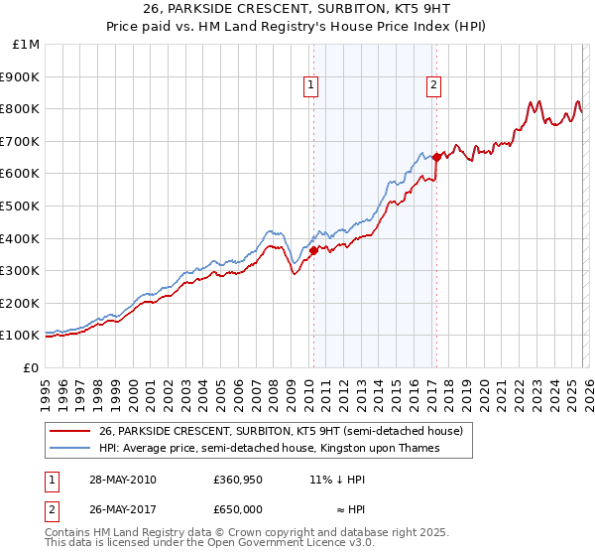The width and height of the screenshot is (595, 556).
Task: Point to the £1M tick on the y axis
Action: coord(27,45)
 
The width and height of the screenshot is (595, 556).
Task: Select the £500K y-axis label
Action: coord(21,206)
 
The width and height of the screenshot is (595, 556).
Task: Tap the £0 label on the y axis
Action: coord(31,367)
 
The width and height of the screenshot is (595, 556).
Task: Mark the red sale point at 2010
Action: coord(314,251)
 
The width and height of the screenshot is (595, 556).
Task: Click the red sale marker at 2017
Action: coord(436,157)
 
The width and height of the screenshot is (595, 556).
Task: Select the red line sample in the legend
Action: coord(70,432)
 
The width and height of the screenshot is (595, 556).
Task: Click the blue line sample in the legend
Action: coord(70,449)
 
